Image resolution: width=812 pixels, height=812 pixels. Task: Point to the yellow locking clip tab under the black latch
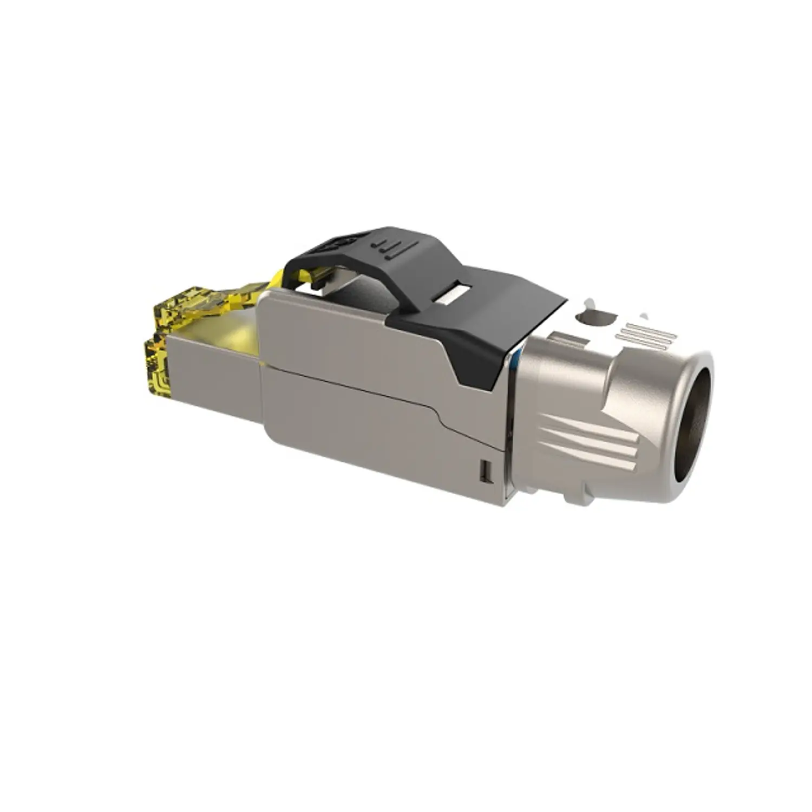point(303,279)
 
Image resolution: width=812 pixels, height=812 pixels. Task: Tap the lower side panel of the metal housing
point(368,433)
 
